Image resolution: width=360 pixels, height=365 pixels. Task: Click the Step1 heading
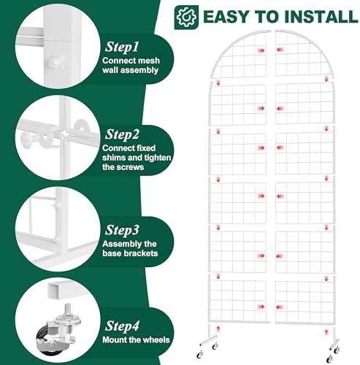(122, 47)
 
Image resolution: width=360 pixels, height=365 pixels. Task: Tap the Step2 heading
(122, 134)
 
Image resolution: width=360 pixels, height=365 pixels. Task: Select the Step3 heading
(122, 230)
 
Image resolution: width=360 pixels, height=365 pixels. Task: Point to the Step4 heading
(122, 326)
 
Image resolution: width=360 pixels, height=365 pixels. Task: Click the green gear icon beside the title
(186, 18)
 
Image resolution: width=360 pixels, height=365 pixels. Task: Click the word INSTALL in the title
(321, 17)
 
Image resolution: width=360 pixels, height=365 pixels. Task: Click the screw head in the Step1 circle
(54, 64)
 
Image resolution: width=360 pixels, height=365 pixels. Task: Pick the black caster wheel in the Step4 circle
(45, 338)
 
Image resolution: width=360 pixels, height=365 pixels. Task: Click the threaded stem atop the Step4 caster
(67, 310)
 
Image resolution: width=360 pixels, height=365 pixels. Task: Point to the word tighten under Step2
(158, 158)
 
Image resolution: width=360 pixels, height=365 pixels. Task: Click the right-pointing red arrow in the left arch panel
(261, 50)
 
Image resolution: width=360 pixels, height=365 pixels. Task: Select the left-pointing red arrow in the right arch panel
(280, 50)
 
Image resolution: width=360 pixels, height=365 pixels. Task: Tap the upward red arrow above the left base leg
(218, 329)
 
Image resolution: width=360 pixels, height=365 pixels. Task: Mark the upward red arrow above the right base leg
(326, 332)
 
